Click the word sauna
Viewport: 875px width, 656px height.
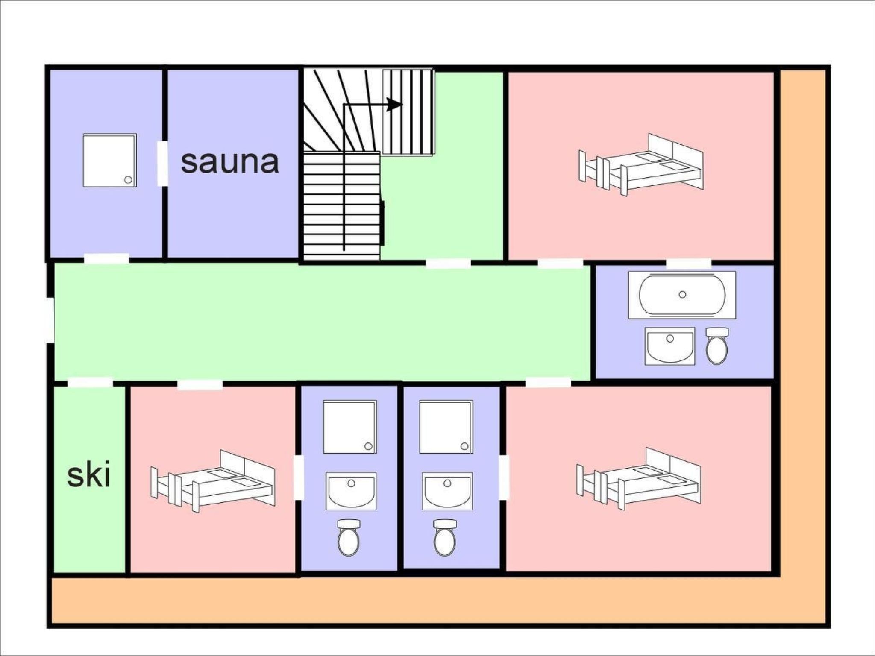(230, 161)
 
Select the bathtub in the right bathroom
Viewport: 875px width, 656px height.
(682, 295)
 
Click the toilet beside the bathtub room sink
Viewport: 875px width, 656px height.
(717, 346)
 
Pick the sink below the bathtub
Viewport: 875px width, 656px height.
(670, 346)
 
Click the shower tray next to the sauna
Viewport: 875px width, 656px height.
(110, 160)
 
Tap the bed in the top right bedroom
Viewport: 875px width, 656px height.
(641, 165)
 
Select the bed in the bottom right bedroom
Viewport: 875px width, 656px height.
(638, 479)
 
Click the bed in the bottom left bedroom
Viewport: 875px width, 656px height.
(213, 481)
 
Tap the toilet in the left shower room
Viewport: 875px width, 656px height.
(349, 537)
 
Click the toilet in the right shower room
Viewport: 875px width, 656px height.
(445, 537)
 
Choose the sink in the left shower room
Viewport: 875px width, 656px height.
(351, 491)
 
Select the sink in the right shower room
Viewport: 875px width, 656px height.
(447, 491)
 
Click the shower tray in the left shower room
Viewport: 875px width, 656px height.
(350, 427)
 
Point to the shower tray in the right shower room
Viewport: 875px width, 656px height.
(446, 427)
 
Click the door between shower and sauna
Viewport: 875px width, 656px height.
(162, 164)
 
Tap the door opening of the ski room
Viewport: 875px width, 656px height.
(90, 382)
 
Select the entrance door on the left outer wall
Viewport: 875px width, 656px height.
(50, 320)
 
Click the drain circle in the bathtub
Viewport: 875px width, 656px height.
(682, 294)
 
